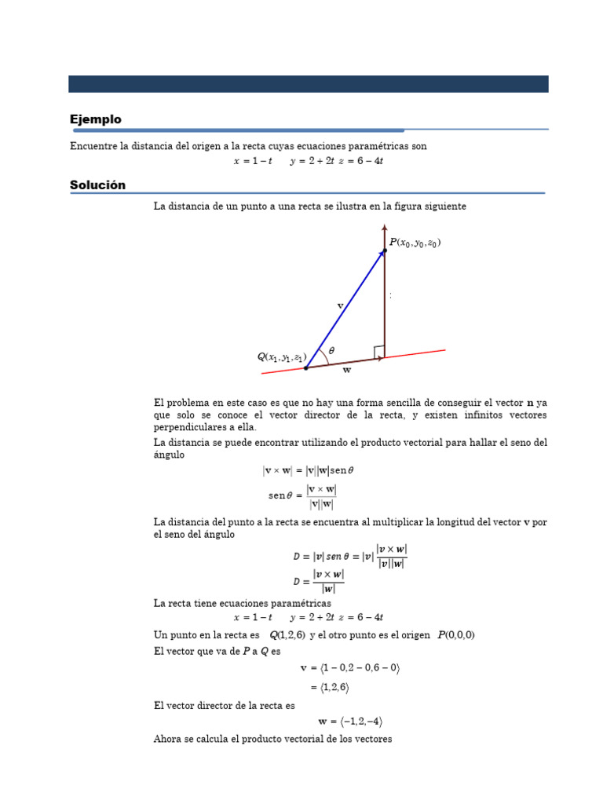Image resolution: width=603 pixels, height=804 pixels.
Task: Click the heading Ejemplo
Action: tap(95, 119)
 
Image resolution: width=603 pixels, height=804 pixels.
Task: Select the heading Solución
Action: tap(97, 185)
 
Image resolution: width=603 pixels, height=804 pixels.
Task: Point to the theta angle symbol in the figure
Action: tap(331, 351)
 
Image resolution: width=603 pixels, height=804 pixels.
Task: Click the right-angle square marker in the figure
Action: tap(379, 351)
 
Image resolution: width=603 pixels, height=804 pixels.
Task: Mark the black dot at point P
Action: tap(385, 251)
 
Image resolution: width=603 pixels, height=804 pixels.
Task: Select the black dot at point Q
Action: tap(305, 367)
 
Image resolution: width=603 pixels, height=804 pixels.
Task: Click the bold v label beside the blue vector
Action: tap(339, 305)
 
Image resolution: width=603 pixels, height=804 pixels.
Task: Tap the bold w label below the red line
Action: tap(347, 370)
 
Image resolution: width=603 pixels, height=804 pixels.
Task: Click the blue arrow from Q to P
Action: tap(345, 309)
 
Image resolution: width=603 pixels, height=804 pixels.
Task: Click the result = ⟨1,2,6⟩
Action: tap(329, 687)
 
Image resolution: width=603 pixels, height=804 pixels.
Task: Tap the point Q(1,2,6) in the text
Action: tap(287, 634)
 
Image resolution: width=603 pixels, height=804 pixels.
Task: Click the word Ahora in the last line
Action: tap(168, 739)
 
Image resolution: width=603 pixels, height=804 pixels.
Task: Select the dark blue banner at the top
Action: tap(308, 84)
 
